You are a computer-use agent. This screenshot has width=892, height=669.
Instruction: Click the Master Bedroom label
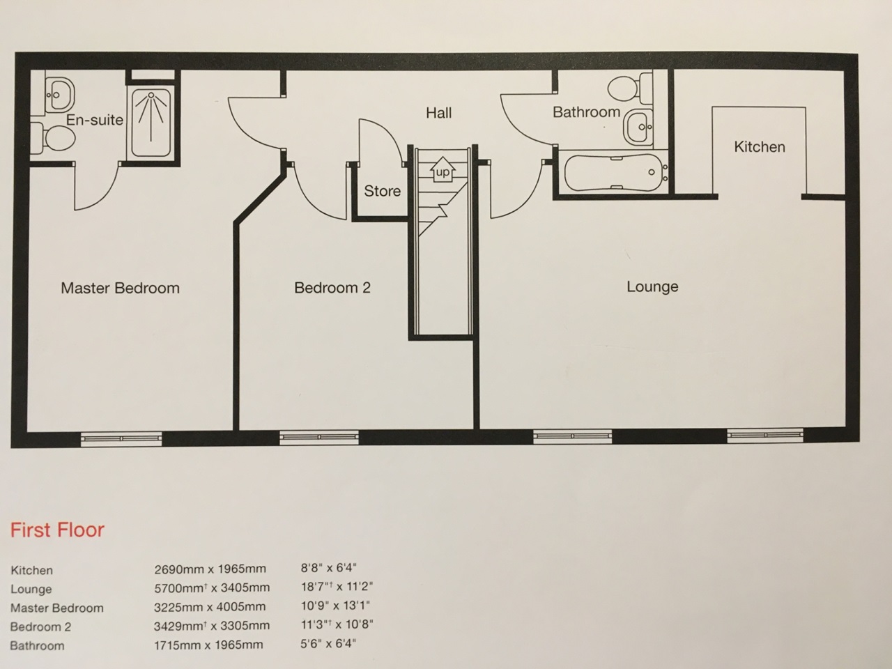[120, 288]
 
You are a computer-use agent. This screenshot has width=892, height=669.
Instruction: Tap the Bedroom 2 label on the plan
[332, 287]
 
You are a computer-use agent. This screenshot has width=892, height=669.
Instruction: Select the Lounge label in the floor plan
[652, 286]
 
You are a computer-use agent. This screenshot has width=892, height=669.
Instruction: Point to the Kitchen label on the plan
[759, 147]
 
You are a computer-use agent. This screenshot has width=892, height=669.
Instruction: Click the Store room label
[382, 191]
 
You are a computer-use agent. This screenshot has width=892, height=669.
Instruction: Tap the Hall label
[439, 113]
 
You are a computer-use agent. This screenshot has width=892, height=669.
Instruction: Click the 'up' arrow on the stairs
[443, 170]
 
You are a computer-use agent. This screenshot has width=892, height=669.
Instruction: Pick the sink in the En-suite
[59, 93]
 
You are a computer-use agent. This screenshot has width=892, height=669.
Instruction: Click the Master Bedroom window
[121, 438]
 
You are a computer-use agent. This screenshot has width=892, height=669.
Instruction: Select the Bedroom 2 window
[319, 438]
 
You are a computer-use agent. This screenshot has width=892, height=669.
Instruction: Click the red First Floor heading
[57, 530]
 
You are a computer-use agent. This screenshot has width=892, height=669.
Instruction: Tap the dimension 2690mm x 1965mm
[210, 569]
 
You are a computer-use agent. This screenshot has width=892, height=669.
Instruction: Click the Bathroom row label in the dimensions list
[37, 645]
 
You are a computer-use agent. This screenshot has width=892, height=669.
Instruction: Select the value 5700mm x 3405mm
[211, 588]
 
